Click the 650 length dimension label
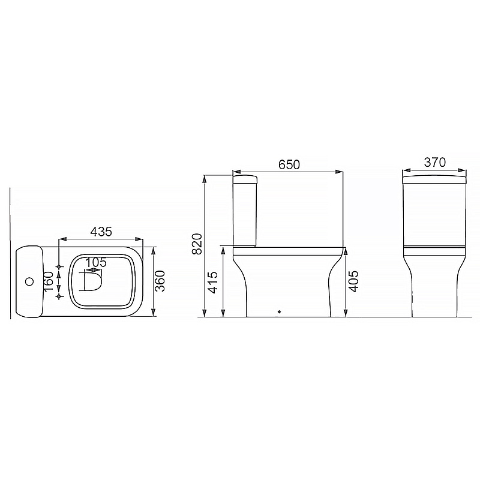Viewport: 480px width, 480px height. [289, 164]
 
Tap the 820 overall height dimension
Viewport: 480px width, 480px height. [197, 244]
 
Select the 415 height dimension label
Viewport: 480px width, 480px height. [213, 282]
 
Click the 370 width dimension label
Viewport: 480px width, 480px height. [434, 162]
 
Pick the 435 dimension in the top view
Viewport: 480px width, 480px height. [101, 232]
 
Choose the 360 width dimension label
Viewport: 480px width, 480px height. [160, 281]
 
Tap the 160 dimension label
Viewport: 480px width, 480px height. [49, 281]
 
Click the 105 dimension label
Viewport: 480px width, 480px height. [95, 262]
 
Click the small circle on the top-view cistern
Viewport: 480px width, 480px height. [29, 281]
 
